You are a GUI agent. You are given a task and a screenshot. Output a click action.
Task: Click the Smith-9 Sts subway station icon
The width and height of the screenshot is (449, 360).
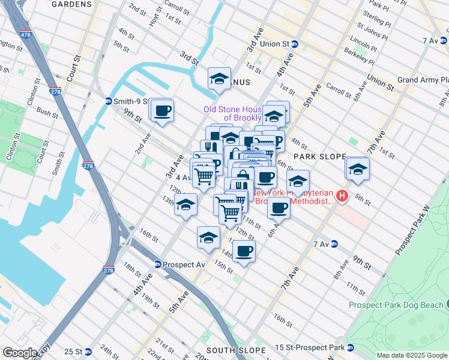pyautogui.click(x=109, y=101)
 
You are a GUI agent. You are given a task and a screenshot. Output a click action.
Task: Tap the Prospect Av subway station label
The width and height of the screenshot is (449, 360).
pyautogui.click(x=184, y=265)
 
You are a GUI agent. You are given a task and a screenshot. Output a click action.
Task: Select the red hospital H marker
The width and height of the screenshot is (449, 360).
pyautogui.click(x=342, y=196)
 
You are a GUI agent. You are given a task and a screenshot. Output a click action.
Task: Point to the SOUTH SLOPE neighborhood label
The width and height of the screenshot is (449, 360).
pyautogui.click(x=235, y=350)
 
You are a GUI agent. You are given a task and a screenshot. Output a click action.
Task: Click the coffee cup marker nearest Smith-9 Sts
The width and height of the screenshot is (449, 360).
pyautogui.click(x=161, y=110)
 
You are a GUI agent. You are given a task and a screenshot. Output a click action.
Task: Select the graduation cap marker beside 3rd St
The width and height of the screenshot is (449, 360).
pyautogui.click(x=220, y=78)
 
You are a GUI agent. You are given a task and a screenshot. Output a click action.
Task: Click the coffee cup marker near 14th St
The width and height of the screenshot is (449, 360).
pyautogui.click(x=244, y=250)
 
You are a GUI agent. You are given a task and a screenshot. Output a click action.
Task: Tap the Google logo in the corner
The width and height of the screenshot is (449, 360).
pyautogui.click(x=19, y=353)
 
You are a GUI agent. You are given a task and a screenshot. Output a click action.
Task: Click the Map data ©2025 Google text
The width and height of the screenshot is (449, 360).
pyautogui.click(x=412, y=355)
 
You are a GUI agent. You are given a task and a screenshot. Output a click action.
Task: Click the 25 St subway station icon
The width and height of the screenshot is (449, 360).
pyautogui.click(x=88, y=352)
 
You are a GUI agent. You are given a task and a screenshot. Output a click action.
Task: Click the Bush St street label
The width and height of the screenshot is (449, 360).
pyautogui.click(x=47, y=112)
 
